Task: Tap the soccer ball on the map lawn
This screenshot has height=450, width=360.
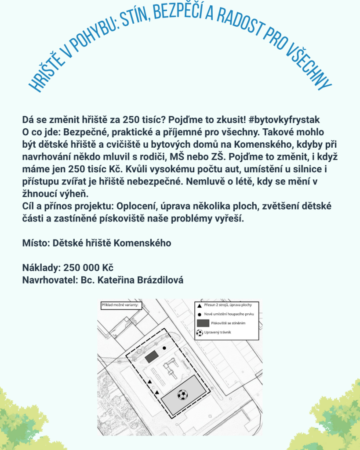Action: point(182,395)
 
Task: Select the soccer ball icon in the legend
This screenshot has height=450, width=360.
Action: point(200,332)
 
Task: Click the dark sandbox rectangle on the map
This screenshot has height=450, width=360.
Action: point(152,356)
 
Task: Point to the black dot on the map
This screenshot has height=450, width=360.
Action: point(164,348)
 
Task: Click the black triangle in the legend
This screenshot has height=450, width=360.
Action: point(200,305)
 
